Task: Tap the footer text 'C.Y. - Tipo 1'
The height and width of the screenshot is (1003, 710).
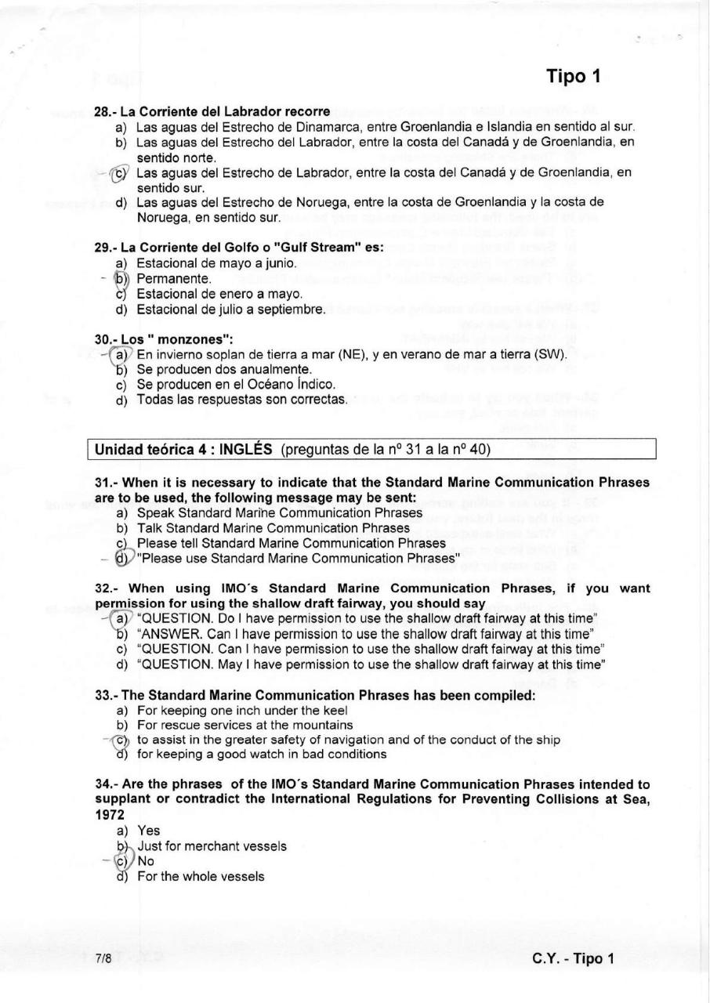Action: [x=573, y=958]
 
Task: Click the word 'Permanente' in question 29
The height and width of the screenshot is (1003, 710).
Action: [x=173, y=278]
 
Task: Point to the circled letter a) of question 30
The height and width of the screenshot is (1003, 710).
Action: [x=120, y=354]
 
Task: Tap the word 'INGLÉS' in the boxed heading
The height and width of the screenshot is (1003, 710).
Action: [x=245, y=450]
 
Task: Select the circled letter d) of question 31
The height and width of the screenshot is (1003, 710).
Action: [x=121, y=558]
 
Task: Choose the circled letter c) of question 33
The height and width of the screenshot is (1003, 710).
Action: [x=121, y=740]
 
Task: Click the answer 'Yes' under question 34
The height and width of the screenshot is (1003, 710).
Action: [x=148, y=831]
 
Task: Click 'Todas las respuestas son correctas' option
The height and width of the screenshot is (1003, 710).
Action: [x=241, y=400]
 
